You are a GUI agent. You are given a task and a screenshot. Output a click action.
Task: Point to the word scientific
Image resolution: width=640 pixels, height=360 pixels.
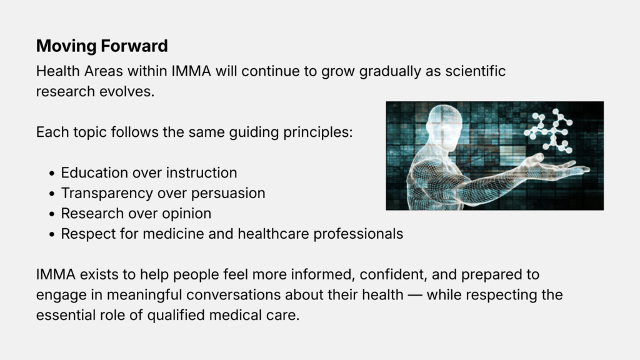point(476,71)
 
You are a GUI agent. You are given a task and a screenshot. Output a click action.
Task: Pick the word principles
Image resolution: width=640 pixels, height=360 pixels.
point(317,132)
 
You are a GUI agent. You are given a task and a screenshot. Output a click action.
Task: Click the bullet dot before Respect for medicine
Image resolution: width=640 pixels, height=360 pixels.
point(51,234)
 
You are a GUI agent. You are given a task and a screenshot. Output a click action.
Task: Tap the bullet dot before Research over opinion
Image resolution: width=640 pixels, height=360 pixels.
point(51,214)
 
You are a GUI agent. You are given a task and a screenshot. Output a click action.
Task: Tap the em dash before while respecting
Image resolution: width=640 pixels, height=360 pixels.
point(415,295)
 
